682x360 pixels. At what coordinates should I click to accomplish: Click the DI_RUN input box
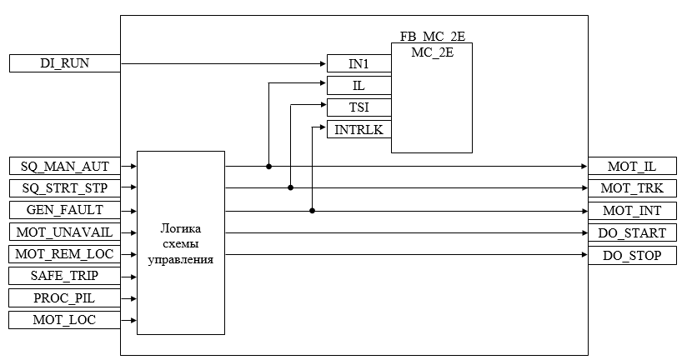(x=65, y=63)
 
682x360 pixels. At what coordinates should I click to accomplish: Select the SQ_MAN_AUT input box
(x=65, y=166)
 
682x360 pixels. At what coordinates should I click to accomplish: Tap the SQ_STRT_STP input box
(x=65, y=187)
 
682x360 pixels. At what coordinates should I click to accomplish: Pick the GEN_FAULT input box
(x=65, y=210)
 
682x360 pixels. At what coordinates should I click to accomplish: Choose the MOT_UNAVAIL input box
(x=65, y=232)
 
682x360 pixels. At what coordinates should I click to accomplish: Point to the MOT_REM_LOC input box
(x=65, y=254)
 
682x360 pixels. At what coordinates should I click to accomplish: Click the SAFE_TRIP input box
(x=65, y=276)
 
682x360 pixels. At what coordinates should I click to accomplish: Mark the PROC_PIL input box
(x=65, y=298)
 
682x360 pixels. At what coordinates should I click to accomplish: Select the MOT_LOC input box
(x=65, y=320)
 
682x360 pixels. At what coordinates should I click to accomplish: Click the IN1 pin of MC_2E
(x=359, y=64)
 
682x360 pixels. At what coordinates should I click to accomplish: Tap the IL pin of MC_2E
(x=359, y=86)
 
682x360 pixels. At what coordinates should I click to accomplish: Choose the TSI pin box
(x=359, y=107)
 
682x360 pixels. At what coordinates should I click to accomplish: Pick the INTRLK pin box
(x=359, y=129)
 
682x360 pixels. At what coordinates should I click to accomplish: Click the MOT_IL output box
(x=632, y=166)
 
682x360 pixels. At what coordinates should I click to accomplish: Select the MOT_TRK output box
(x=632, y=187)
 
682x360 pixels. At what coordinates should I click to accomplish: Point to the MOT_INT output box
(x=632, y=210)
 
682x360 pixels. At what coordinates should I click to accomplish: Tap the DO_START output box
(x=632, y=232)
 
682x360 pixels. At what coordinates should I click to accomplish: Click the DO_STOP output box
(x=632, y=255)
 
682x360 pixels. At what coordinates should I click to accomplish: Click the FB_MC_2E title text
(x=431, y=37)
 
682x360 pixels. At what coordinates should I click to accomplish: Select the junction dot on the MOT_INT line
(x=312, y=211)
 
